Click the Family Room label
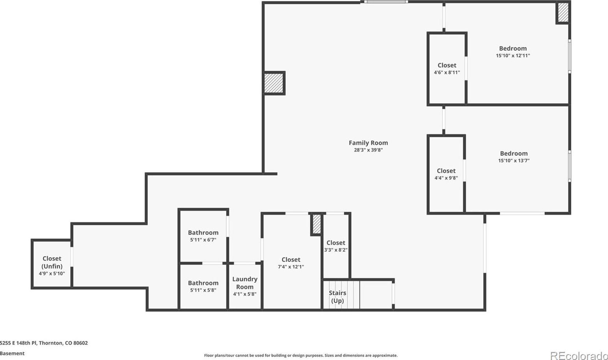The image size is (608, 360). click(368, 143)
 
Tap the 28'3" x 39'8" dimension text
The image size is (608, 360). click(368, 150)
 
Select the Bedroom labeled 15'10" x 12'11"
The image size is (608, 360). click(513, 48)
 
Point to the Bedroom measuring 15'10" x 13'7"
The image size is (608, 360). click(514, 153)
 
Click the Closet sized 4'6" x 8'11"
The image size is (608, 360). click(447, 65)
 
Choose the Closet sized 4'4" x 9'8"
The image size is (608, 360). click(446, 171)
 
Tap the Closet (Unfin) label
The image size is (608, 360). click(52, 262)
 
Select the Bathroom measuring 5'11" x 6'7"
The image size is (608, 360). click(203, 233)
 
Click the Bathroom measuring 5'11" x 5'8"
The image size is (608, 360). click(203, 283)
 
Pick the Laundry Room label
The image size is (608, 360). click(245, 283)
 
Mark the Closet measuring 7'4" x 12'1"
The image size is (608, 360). click(291, 259)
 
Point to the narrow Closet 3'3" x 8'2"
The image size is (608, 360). click(336, 243)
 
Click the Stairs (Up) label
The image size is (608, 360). click(338, 297)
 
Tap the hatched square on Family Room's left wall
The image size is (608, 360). click(274, 83)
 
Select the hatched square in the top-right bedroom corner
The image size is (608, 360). click(563, 12)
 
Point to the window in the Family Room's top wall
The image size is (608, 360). click(385, 2)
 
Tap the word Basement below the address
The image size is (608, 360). click(12, 353)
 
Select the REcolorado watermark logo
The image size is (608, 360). click(579, 355)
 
